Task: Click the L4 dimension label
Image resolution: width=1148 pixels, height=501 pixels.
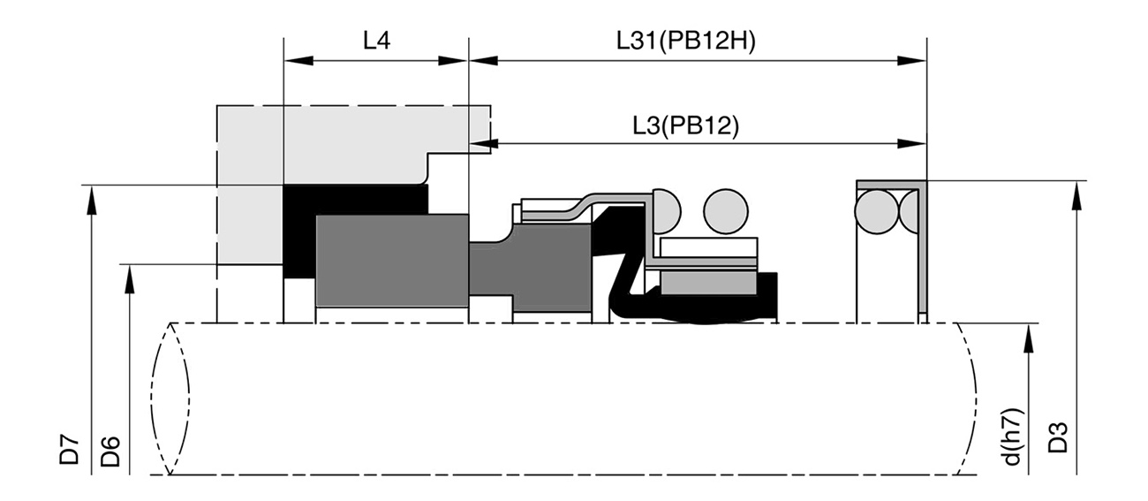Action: [377, 41]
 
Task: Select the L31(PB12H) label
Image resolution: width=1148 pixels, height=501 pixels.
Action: [686, 41]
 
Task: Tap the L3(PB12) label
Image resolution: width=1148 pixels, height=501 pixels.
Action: [686, 125]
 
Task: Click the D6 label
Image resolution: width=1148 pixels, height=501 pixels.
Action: [110, 452]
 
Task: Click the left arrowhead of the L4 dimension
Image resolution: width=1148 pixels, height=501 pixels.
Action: [298, 61]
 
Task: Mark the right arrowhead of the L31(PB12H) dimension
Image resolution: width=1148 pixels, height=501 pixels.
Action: [911, 61]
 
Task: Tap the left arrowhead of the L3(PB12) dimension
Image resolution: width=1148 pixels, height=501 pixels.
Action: [483, 143]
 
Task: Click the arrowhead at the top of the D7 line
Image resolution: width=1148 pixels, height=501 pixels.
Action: [92, 200]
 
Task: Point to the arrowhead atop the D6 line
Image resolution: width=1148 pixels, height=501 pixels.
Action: [130, 279]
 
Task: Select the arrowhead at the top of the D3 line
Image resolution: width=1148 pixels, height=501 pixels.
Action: [1076, 195]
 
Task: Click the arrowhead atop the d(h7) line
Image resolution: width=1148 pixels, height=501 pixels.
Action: [1028, 338]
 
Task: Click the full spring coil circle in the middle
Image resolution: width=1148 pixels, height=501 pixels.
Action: [726, 211]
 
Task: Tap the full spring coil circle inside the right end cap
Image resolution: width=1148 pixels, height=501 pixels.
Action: [877, 211]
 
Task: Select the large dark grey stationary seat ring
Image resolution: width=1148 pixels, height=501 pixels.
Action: [392, 261]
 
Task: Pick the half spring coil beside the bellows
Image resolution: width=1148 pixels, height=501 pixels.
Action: [666, 211]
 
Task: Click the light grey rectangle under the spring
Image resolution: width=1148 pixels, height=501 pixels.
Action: [709, 283]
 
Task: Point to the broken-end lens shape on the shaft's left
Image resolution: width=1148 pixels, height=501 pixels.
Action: [170, 399]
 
